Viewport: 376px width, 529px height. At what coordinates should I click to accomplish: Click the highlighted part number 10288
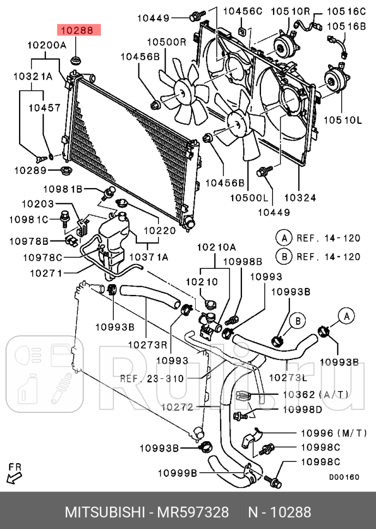(80, 31)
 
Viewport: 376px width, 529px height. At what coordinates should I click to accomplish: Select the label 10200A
(47, 45)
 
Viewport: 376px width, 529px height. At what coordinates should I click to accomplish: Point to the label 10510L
(344, 119)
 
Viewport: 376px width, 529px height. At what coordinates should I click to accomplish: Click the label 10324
(300, 197)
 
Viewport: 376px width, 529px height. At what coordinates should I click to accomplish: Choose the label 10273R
(147, 344)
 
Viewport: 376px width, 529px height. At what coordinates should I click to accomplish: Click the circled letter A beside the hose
(346, 315)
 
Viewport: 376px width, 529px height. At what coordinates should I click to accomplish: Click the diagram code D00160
(344, 477)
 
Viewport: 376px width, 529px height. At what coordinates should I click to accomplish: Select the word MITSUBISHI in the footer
(102, 512)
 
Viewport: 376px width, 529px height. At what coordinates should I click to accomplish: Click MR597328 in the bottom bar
(193, 512)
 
